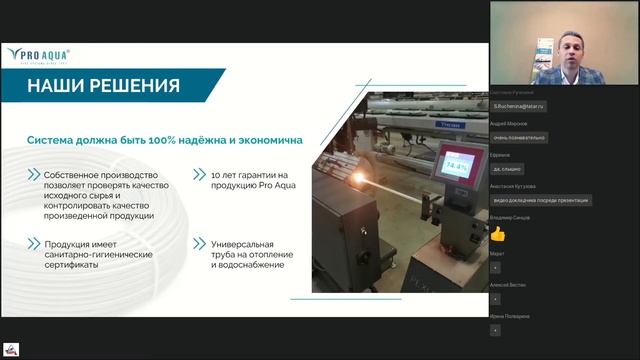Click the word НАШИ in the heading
click(56, 86)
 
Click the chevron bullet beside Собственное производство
click(34, 176)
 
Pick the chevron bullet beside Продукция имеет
click(34, 243)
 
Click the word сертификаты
click(75, 265)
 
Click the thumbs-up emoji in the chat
click(497, 233)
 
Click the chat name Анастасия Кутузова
click(512, 186)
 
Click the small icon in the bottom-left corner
click(12, 350)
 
